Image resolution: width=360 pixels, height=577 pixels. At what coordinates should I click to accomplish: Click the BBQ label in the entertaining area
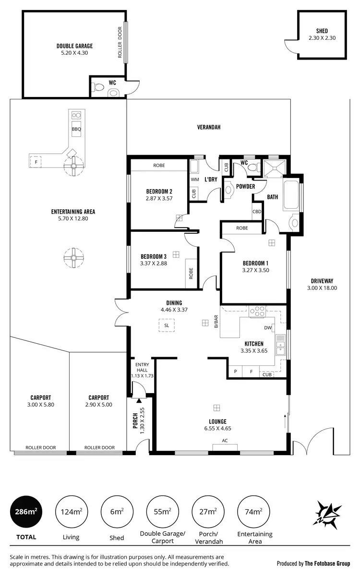pyautogui.click(x=76, y=129)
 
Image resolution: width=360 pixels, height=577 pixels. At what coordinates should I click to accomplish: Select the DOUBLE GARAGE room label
pyautogui.click(x=74, y=46)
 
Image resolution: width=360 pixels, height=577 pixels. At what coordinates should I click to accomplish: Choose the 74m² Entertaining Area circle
pyautogui.click(x=254, y=512)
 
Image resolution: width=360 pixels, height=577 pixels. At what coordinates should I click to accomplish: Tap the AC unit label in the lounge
pyautogui.click(x=225, y=441)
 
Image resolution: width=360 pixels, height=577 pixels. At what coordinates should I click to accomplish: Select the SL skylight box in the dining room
pyautogui.click(x=167, y=325)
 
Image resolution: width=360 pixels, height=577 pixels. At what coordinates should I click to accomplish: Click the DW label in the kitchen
pyautogui.click(x=268, y=328)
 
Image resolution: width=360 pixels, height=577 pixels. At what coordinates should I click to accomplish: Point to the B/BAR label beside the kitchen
pyautogui.click(x=216, y=321)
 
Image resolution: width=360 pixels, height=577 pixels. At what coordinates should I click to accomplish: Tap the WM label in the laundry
pyautogui.click(x=195, y=180)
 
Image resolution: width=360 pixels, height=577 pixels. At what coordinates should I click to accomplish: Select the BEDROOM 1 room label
pyautogui.click(x=255, y=263)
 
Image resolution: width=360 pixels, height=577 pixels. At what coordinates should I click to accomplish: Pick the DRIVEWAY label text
pyautogui.click(x=322, y=281)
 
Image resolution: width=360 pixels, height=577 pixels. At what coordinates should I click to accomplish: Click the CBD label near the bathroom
pyautogui.click(x=257, y=211)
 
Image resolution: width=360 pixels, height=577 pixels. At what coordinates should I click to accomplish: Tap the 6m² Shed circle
pyautogui.click(x=117, y=512)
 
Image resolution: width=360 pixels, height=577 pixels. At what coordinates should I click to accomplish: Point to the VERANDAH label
pyautogui.click(x=209, y=127)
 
